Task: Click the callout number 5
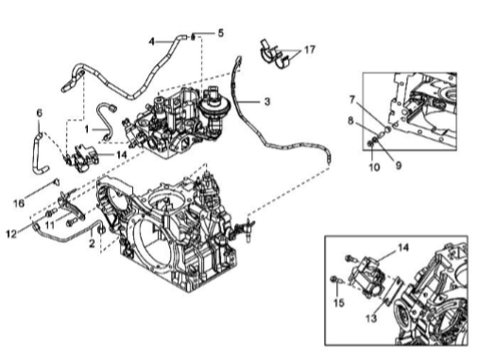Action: tap(221, 33)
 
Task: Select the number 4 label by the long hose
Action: tap(152, 42)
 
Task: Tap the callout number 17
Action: tap(310, 50)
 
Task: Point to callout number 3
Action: tap(267, 101)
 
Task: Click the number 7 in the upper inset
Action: tap(352, 99)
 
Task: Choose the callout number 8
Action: tap(350, 121)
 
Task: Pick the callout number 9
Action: tap(399, 165)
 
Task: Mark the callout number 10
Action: tap(374, 167)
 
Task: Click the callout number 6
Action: tap(40, 112)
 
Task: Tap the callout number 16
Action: tap(19, 203)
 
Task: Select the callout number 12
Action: tap(11, 234)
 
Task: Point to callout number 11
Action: tap(49, 225)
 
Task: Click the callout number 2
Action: tap(92, 243)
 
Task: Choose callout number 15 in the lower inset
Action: tap(339, 303)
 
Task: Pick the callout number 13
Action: tap(371, 318)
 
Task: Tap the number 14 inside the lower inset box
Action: tap(403, 248)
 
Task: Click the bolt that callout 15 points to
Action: tap(335, 279)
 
